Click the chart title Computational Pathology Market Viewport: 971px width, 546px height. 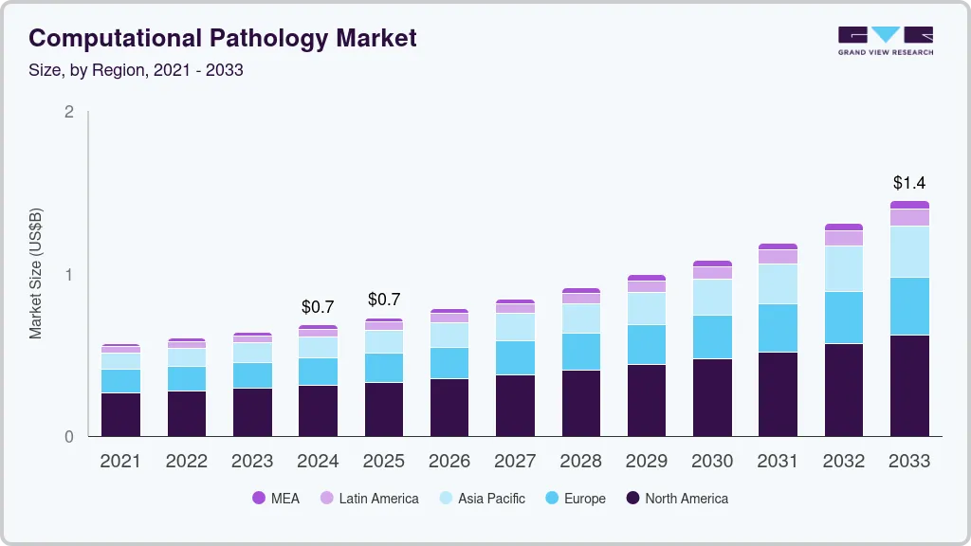coord(223,38)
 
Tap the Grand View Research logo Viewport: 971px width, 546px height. coord(885,41)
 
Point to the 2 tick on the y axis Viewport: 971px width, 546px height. coord(68,112)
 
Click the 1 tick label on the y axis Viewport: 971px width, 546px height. coord(68,275)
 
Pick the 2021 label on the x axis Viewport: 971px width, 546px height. coord(120,462)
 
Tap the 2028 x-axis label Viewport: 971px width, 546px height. coord(580,462)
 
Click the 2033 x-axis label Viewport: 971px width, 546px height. coord(909,462)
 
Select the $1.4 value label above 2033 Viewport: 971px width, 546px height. coord(909,183)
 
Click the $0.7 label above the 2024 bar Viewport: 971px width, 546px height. coord(318,307)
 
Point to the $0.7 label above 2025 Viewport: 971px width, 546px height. coord(384,300)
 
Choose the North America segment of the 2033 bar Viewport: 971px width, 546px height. coord(909,386)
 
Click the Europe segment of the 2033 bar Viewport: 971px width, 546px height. coord(909,306)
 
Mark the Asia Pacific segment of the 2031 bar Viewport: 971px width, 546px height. coord(778,283)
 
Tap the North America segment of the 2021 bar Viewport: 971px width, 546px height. coord(120,414)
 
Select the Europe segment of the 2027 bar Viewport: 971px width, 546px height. coord(515,357)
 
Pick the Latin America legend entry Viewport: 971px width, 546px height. coord(369,499)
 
